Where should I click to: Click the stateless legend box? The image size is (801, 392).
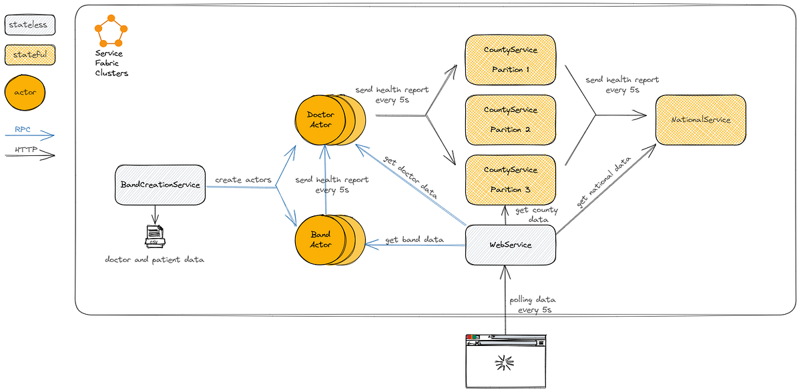[x=30, y=25]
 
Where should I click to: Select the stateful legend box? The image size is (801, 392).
[x=30, y=55]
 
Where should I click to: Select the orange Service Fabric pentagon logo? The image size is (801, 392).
[x=111, y=31]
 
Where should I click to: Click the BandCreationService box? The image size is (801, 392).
[x=160, y=185]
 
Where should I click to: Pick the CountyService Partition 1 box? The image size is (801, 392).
[x=511, y=60]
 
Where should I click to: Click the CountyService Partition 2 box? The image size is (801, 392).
[x=511, y=120]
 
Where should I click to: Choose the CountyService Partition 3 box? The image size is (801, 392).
[x=511, y=179]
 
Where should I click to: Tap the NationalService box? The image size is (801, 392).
[x=700, y=120]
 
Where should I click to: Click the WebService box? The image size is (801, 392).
[x=511, y=245]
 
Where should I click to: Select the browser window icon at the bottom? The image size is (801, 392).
[x=505, y=361]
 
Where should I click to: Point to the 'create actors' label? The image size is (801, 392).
[x=243, y=180]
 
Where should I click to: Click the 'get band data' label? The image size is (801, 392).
[x=415, y=239]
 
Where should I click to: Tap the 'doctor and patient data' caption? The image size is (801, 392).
[x=154, y=259]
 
